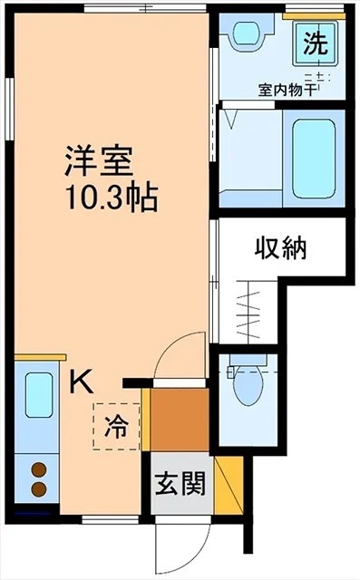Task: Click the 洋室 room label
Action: [99, 161]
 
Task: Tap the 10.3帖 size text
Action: [112, 198]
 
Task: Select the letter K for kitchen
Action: [82, 382]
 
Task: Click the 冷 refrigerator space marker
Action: [116, 427]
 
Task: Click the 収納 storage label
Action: [280, 248]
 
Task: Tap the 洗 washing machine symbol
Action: [316, 43]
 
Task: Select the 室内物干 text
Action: [287, 91]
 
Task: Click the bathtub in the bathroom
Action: [314, 159]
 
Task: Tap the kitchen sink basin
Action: [38, 395]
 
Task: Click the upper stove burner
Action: [38, 469]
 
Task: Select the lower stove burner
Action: [38, 489]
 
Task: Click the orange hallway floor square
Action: [180, 420]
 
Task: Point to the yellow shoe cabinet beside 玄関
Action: [229, 486]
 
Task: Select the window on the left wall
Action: [10, 110]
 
